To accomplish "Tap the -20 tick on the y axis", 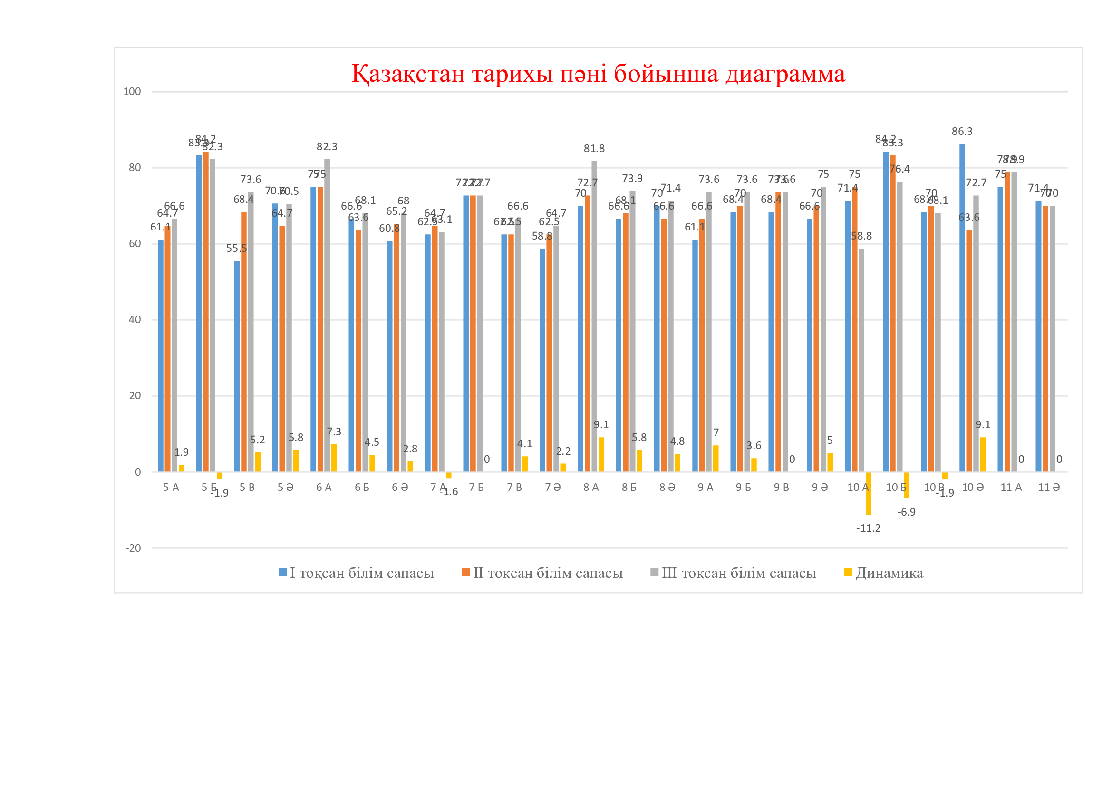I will coord(133,548).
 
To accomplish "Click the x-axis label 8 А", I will coord(591,488).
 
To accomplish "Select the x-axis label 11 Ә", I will coord(1049,488).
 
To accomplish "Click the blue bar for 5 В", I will coord(237,366).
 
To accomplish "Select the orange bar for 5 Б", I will coord(206,312).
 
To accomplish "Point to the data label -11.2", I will coord(869,528).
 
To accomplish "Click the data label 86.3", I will coord(962,132).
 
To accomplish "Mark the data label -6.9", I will coord(906,512).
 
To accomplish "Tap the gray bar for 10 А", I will coord(861,361).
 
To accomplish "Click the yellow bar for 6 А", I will coord(334,458).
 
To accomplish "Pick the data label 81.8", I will coord(594,149).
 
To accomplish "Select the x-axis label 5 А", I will coord(171,488).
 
